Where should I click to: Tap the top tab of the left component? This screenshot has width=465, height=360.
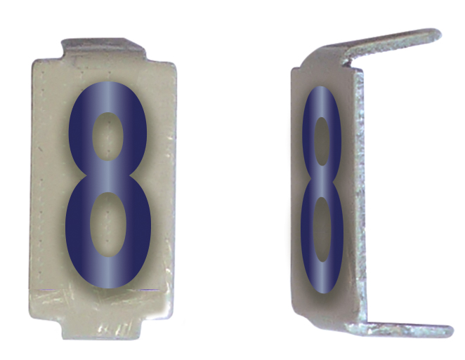click(104, 48)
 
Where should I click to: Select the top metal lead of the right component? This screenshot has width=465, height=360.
click(393, 46)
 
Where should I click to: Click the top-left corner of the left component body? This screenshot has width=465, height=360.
click(35, 62)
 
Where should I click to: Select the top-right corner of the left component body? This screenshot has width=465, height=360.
click(174, 63)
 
